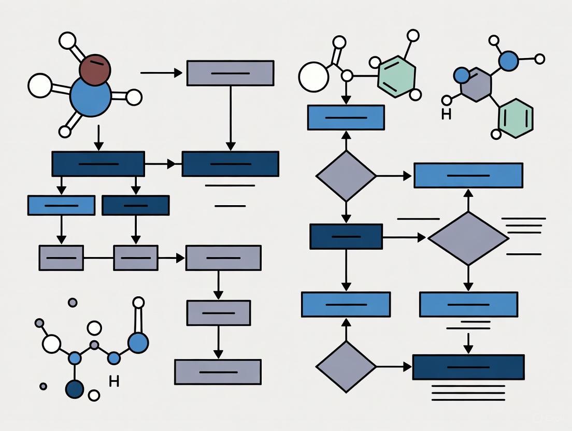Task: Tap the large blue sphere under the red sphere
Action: pos(91,96)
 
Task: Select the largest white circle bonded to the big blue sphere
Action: pos(40,85)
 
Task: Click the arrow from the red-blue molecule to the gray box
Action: pos(161,73)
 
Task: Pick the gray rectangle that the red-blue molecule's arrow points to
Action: pos(230,73)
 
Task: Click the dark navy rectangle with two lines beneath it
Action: pos(230,164)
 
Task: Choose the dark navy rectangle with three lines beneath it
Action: pos(468,367)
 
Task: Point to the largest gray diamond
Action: pos(468,238)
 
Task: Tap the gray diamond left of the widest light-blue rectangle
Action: pos(346,176)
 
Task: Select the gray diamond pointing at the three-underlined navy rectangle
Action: pos(346,367)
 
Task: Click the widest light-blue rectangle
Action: pos(468,175)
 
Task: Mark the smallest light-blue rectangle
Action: pos(61,205)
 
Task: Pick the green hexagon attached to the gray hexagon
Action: pos(515,119)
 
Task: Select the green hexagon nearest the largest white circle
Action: pos(396,77)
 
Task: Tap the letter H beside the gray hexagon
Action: pos(446,114)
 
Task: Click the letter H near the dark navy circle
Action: pos(114,382)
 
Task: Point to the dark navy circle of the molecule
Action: pos(75,389)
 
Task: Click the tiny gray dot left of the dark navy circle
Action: pos(44,386)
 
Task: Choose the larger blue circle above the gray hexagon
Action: pos(508,61)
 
